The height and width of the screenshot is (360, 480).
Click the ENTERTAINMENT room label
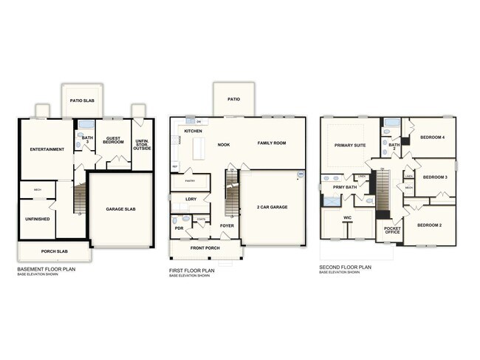click(x=47, y=149)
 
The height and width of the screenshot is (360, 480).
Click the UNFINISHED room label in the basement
click(x=37, y=220)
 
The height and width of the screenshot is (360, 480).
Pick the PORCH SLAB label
click(x=54, y=253)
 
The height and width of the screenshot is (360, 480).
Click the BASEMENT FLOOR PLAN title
click(x=46, y=269)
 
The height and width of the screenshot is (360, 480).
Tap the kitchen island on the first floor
click(x=197, y=150)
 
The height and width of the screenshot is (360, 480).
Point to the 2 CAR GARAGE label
click(x=272, y=206)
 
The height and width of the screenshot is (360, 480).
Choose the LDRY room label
click(x=191, y=199)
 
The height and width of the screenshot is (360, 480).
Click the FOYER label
click(x=227, y=225)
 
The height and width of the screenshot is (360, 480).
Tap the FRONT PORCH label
click(x=206, y=248)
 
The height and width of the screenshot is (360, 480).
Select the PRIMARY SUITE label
click(x=350, y=146)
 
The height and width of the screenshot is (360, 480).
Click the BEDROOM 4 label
click(x=433, y=137)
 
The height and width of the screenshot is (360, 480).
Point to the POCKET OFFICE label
click(x=392, y=230)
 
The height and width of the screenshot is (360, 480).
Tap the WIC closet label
click(x=347, y=218)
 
